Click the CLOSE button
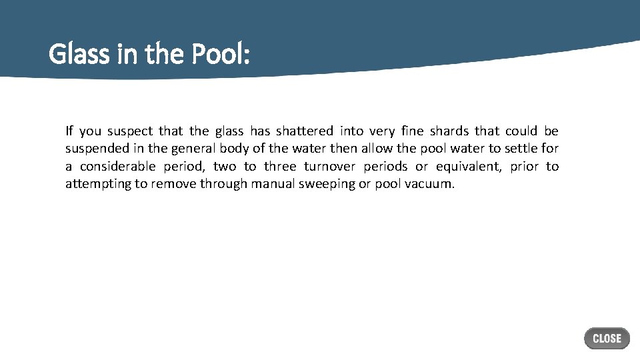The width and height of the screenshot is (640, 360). click(x=607, y=339)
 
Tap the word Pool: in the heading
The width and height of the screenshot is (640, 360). click(x=221, y=54)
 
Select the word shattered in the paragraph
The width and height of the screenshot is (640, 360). click(x=304, y=131)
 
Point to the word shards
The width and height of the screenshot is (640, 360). click(x=449, y=131)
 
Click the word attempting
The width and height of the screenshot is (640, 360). click(x=98, y=183)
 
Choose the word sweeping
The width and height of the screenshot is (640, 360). click(x=327, y=183)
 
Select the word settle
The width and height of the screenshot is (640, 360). click(x=522, y=149)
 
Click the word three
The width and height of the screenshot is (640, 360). click(x=280, y=166)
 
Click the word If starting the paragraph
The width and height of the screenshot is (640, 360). click(x=69, y=131)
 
